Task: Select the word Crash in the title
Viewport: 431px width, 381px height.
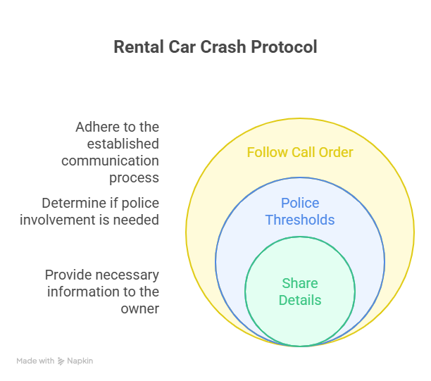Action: tap(222, 47)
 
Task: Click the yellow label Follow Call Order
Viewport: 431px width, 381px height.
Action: tap(300, 152)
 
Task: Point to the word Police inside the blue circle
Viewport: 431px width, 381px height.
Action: tap(300, 203)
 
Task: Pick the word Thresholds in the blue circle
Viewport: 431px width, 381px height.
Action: tap(300, 220)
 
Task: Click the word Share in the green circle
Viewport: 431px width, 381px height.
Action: tap(300, 283)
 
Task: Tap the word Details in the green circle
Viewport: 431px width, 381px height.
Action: tap(300, 300)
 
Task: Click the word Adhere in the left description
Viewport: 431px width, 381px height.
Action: tap(99, 127)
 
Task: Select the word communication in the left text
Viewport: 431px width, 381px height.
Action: tap(111, 161)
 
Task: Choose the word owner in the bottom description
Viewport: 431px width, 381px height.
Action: tap(139, 308)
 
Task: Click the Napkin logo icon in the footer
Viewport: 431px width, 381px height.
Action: tap(61, 361)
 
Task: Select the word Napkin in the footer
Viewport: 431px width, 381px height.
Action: tap(80, 361)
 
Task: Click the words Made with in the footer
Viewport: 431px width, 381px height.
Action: tap(35, 361)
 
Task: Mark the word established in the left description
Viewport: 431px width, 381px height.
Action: tap(123, 144)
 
